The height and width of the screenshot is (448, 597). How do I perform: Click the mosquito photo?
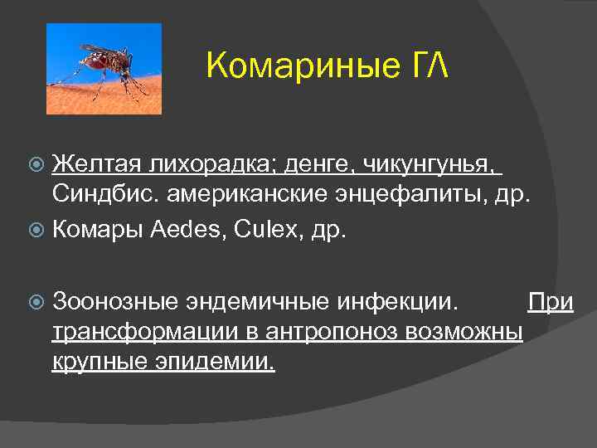tap(104, 68)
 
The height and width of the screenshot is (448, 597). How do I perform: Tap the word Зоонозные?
tap(112, 301)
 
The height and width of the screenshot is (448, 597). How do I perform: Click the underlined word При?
tap(551, 301)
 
